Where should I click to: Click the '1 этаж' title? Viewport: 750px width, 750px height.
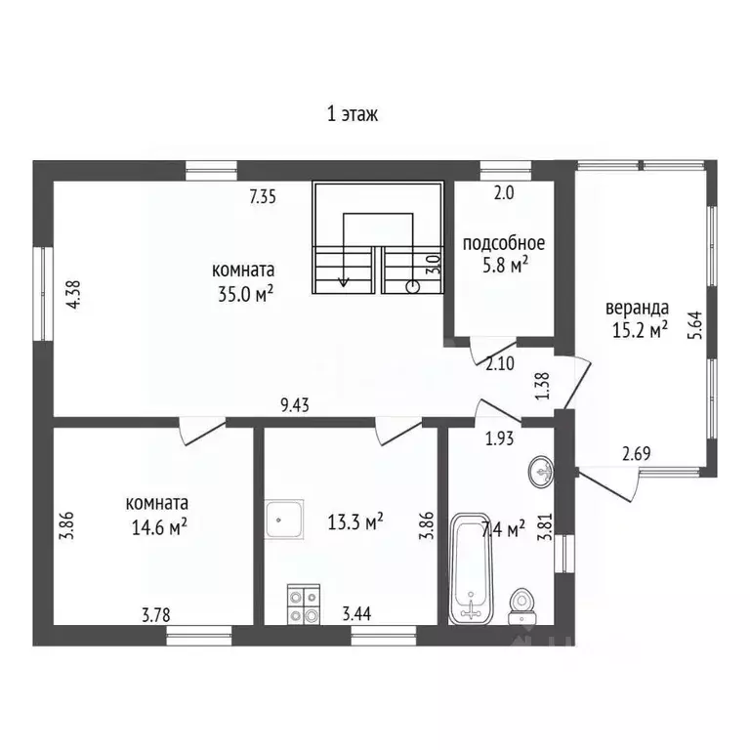click(x=353, y=115)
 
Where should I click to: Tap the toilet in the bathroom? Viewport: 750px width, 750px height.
click(x=521, y=606)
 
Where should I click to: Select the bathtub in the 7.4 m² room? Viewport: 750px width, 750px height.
click(x=472, y=568)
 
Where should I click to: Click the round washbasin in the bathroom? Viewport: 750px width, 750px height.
click(x=542, y=471)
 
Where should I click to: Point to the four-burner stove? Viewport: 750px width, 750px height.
click(x=304, y=604)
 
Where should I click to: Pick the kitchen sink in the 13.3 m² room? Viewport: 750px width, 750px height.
click(x=284, y=520)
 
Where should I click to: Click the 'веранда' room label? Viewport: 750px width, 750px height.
click(x=637, y=308)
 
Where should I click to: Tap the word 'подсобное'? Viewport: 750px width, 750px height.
click(x=504, y=243)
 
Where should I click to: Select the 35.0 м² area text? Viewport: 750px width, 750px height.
click(x=245, y=294)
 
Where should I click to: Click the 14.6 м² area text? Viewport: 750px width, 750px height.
click(x=159, y=527)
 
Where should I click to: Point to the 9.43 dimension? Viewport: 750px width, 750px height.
click(x=295, y=405)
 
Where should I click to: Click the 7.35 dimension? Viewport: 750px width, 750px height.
click(x=263, y=197)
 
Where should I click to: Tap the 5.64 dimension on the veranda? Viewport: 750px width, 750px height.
click(x=695, y=326)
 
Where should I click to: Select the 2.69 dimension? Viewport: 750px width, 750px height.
click(x=637, y=453)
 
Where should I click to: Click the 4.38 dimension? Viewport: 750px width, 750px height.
click(x=73, y=295)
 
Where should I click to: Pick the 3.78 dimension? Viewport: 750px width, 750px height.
click(x=156, y=614)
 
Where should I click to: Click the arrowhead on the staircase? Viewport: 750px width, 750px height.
click(x=343, y=282)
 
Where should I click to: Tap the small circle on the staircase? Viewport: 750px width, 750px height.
click(x=412, y=287)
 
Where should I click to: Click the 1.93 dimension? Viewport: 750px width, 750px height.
click(x=500, y=438)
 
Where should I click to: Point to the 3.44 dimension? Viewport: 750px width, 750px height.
click(x=356, y=613)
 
